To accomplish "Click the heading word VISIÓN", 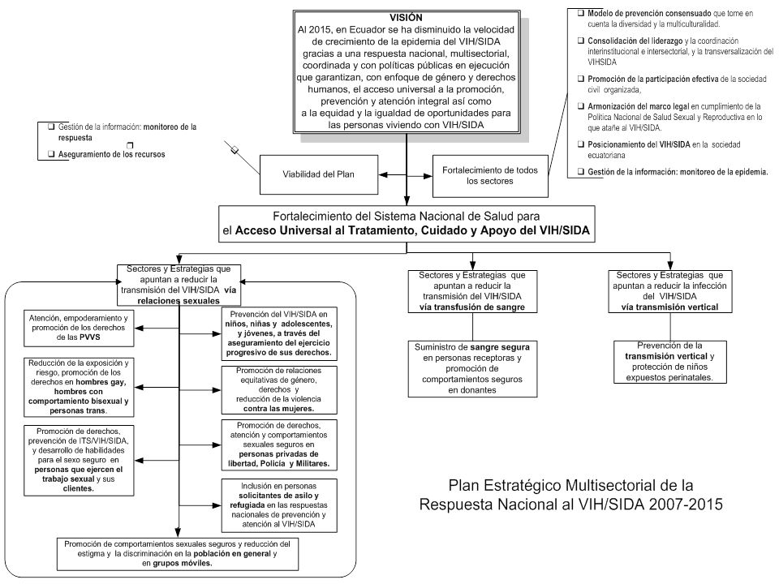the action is [x=406, y=17].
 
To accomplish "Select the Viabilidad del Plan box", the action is [x=318, y=174].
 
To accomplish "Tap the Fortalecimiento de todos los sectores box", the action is [x=490, y=176].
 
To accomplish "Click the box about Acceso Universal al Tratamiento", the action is [x=407, y=224].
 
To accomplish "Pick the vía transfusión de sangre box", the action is [x=472, y=291].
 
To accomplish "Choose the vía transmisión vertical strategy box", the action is [x=670, y=291].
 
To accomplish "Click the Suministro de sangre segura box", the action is [x=472, y=368].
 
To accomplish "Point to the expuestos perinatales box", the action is [x=669, y=362].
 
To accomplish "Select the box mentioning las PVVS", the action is [x=79, y=328].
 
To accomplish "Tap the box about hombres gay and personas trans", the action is [x=79, y=387].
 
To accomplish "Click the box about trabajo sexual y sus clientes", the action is [x=79, y=461].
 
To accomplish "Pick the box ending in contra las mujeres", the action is [x=279, y=390].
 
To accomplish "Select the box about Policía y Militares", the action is [x=279, y=445].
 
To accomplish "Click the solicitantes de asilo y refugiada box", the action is [x=279, y=505].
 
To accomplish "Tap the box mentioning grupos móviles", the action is [x=178, y=554].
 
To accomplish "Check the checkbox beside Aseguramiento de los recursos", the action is [x=51, y=154].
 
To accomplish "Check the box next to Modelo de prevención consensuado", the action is [x=581, y=14].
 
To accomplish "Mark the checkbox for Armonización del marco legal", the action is [x=581, y=106].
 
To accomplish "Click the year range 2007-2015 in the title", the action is [x=685, y=504].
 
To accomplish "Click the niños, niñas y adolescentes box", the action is [x=279, y=333].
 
